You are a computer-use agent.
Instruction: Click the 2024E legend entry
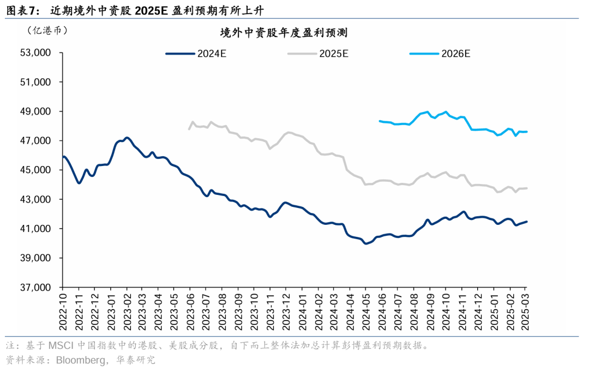(196, 53)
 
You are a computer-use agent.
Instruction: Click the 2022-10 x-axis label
(63, 310)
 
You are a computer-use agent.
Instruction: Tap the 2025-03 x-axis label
(525, 310)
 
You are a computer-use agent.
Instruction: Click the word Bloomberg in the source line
(76, 360)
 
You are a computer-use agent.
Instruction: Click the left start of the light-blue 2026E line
(380, 121)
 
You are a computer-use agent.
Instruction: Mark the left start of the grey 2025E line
(189, 129)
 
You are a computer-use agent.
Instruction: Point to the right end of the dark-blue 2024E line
(526, 222)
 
